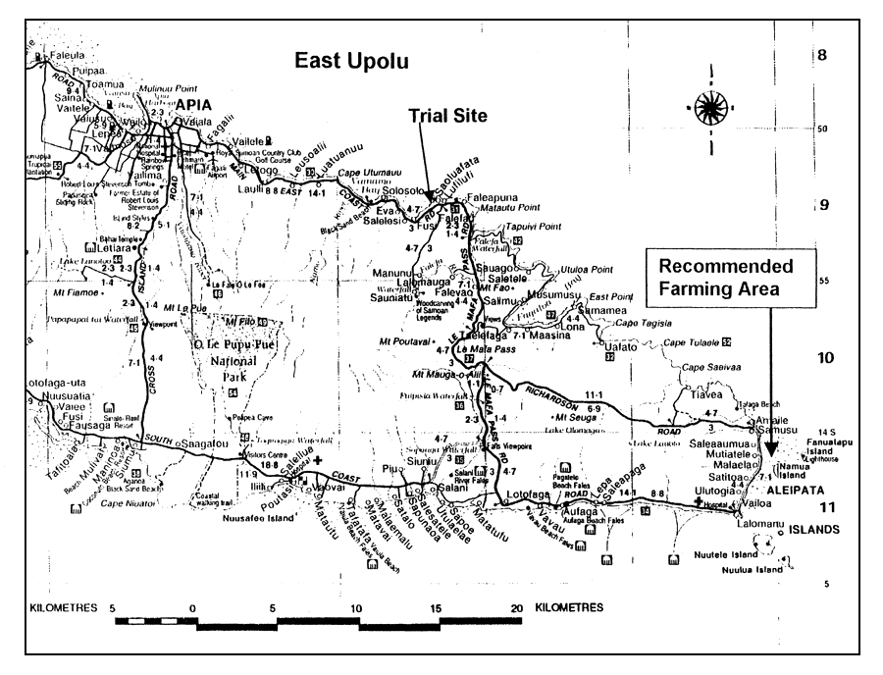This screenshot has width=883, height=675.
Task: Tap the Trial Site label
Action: point(447,116)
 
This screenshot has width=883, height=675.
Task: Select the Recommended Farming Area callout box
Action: point(725,277)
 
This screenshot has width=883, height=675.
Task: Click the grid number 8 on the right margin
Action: point(822,55)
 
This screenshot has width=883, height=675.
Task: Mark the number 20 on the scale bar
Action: point(517,608)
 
